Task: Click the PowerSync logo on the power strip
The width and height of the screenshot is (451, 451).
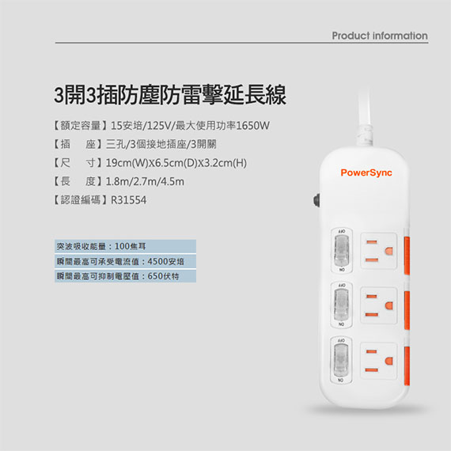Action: point(366,172)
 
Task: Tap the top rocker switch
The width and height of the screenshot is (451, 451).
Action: point(341,250)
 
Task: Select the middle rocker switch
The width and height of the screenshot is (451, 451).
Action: point(341,305)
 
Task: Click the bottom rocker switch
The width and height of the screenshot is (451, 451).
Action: point(341,360)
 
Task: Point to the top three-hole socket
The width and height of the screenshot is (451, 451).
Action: point(379,251)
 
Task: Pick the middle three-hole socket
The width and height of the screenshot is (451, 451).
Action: point(379,305)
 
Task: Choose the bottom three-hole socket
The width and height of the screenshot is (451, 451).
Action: point(379,361)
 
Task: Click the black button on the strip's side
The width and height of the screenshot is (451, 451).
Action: point(316,200)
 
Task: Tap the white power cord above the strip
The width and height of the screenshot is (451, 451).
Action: point(365,118)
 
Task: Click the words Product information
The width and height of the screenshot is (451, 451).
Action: point(380,36)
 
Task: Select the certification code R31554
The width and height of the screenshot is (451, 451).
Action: point(128,200)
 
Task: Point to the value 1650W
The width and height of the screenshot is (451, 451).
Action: point(253,125)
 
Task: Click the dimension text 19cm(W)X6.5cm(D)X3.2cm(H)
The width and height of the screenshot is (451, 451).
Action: point(176,163)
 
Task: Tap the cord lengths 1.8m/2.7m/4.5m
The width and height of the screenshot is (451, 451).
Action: point(145,181)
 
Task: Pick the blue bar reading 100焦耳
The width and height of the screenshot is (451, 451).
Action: point(125,246)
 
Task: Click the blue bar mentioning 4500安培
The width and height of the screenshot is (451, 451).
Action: point(125,261)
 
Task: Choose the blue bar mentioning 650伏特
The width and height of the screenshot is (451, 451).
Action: point(125,276)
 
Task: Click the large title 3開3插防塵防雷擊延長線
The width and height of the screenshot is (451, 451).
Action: point(170,95)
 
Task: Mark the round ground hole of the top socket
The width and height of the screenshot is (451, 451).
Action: point(388,251)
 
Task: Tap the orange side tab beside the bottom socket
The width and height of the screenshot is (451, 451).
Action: point(407,366)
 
